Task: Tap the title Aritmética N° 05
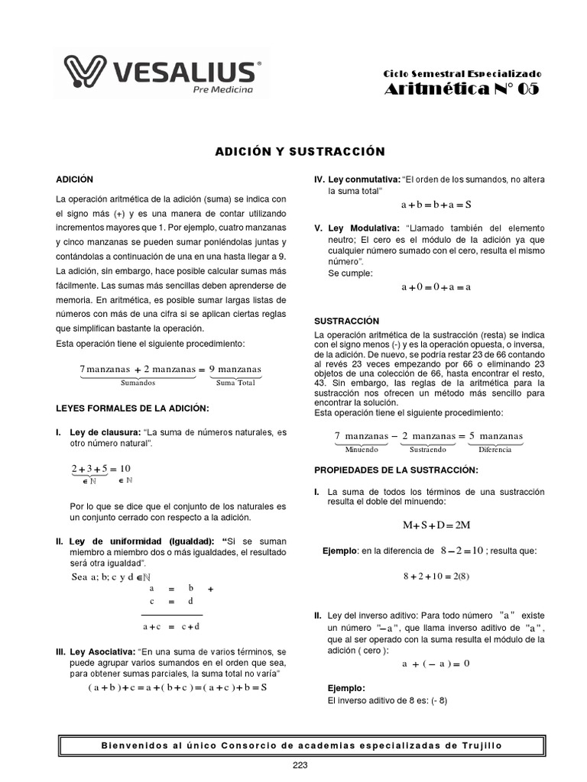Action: click(x=461, y=89)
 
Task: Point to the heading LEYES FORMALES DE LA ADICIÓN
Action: click(x=132, y=409)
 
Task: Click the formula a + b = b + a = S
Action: click(x=436, y=205)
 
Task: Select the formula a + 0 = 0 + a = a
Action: click(x=436, y=287)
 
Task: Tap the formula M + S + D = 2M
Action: click(x=436, y=525)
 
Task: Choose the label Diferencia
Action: click(x=495, y=450)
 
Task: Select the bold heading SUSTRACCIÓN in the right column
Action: click(x=347, y=322)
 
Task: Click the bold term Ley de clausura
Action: click(x=105, y=432)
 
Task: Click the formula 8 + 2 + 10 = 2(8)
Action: click(x=436, y=576)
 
